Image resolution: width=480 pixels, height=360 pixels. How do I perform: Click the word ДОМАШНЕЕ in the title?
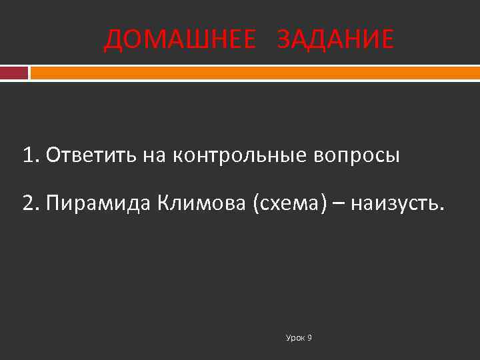(180, 41)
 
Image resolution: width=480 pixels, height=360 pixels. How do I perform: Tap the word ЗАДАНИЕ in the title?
(335, 41)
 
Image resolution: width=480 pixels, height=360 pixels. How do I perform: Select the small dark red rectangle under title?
(14, 72)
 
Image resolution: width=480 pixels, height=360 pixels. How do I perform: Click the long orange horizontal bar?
(255, 72)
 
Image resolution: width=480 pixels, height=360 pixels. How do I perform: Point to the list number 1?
(29, 156)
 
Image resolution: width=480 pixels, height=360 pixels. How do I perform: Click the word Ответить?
(92, 156)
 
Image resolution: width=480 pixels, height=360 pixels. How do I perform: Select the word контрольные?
(238, 157)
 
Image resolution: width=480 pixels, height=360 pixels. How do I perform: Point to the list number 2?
(29, 203)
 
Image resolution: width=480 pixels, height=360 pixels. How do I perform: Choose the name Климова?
(202, 203)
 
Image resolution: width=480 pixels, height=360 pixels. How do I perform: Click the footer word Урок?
(295, 338)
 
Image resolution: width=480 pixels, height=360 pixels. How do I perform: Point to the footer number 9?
(310, 338)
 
